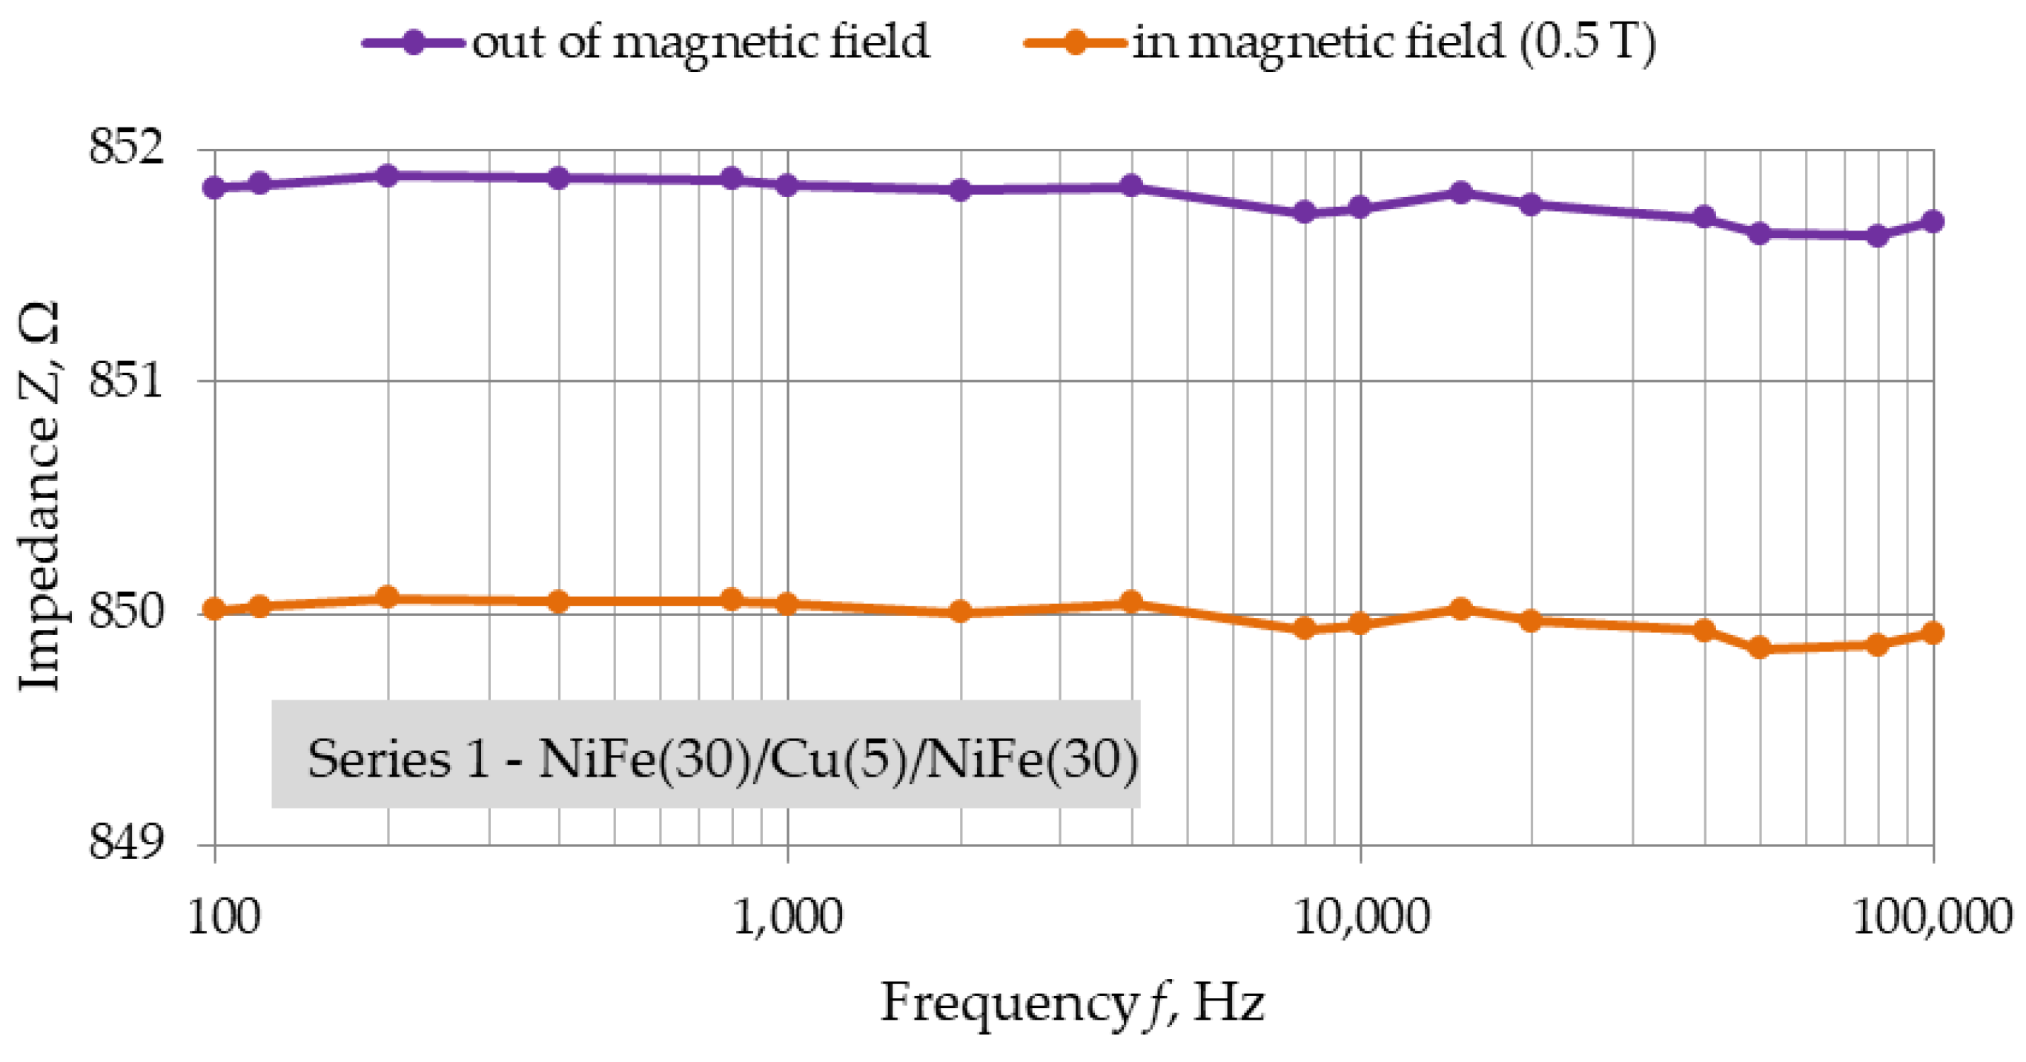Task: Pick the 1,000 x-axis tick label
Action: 787,916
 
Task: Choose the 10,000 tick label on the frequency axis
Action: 1360,916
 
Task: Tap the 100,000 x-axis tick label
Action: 1932,916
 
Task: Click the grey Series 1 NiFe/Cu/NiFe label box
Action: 706,754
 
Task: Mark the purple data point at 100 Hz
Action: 214,187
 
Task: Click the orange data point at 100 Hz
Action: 214,609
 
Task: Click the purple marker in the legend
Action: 414,41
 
